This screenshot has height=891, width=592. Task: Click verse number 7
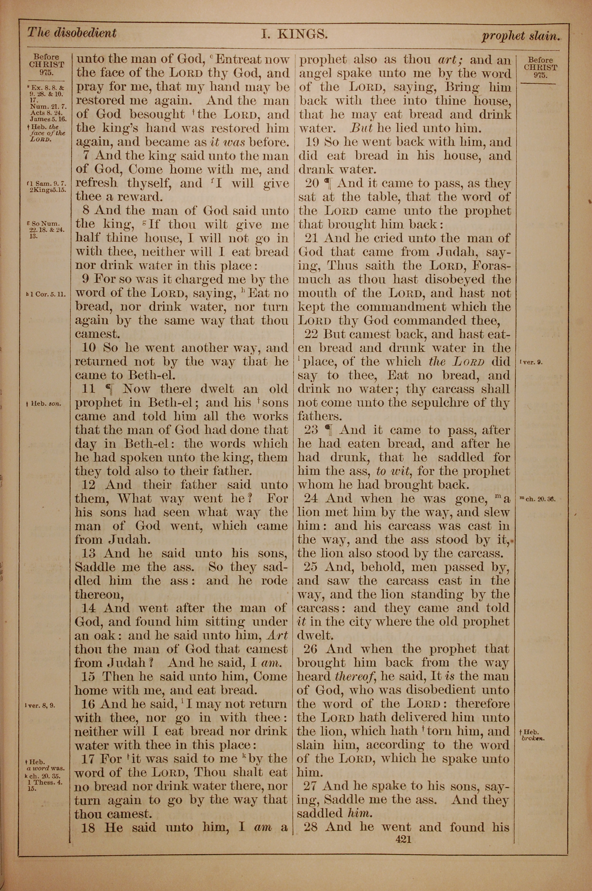(89, 156)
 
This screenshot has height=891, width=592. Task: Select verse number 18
(88, 828)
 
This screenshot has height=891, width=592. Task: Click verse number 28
(312, 827)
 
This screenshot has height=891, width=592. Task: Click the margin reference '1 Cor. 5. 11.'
(46, 294)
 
